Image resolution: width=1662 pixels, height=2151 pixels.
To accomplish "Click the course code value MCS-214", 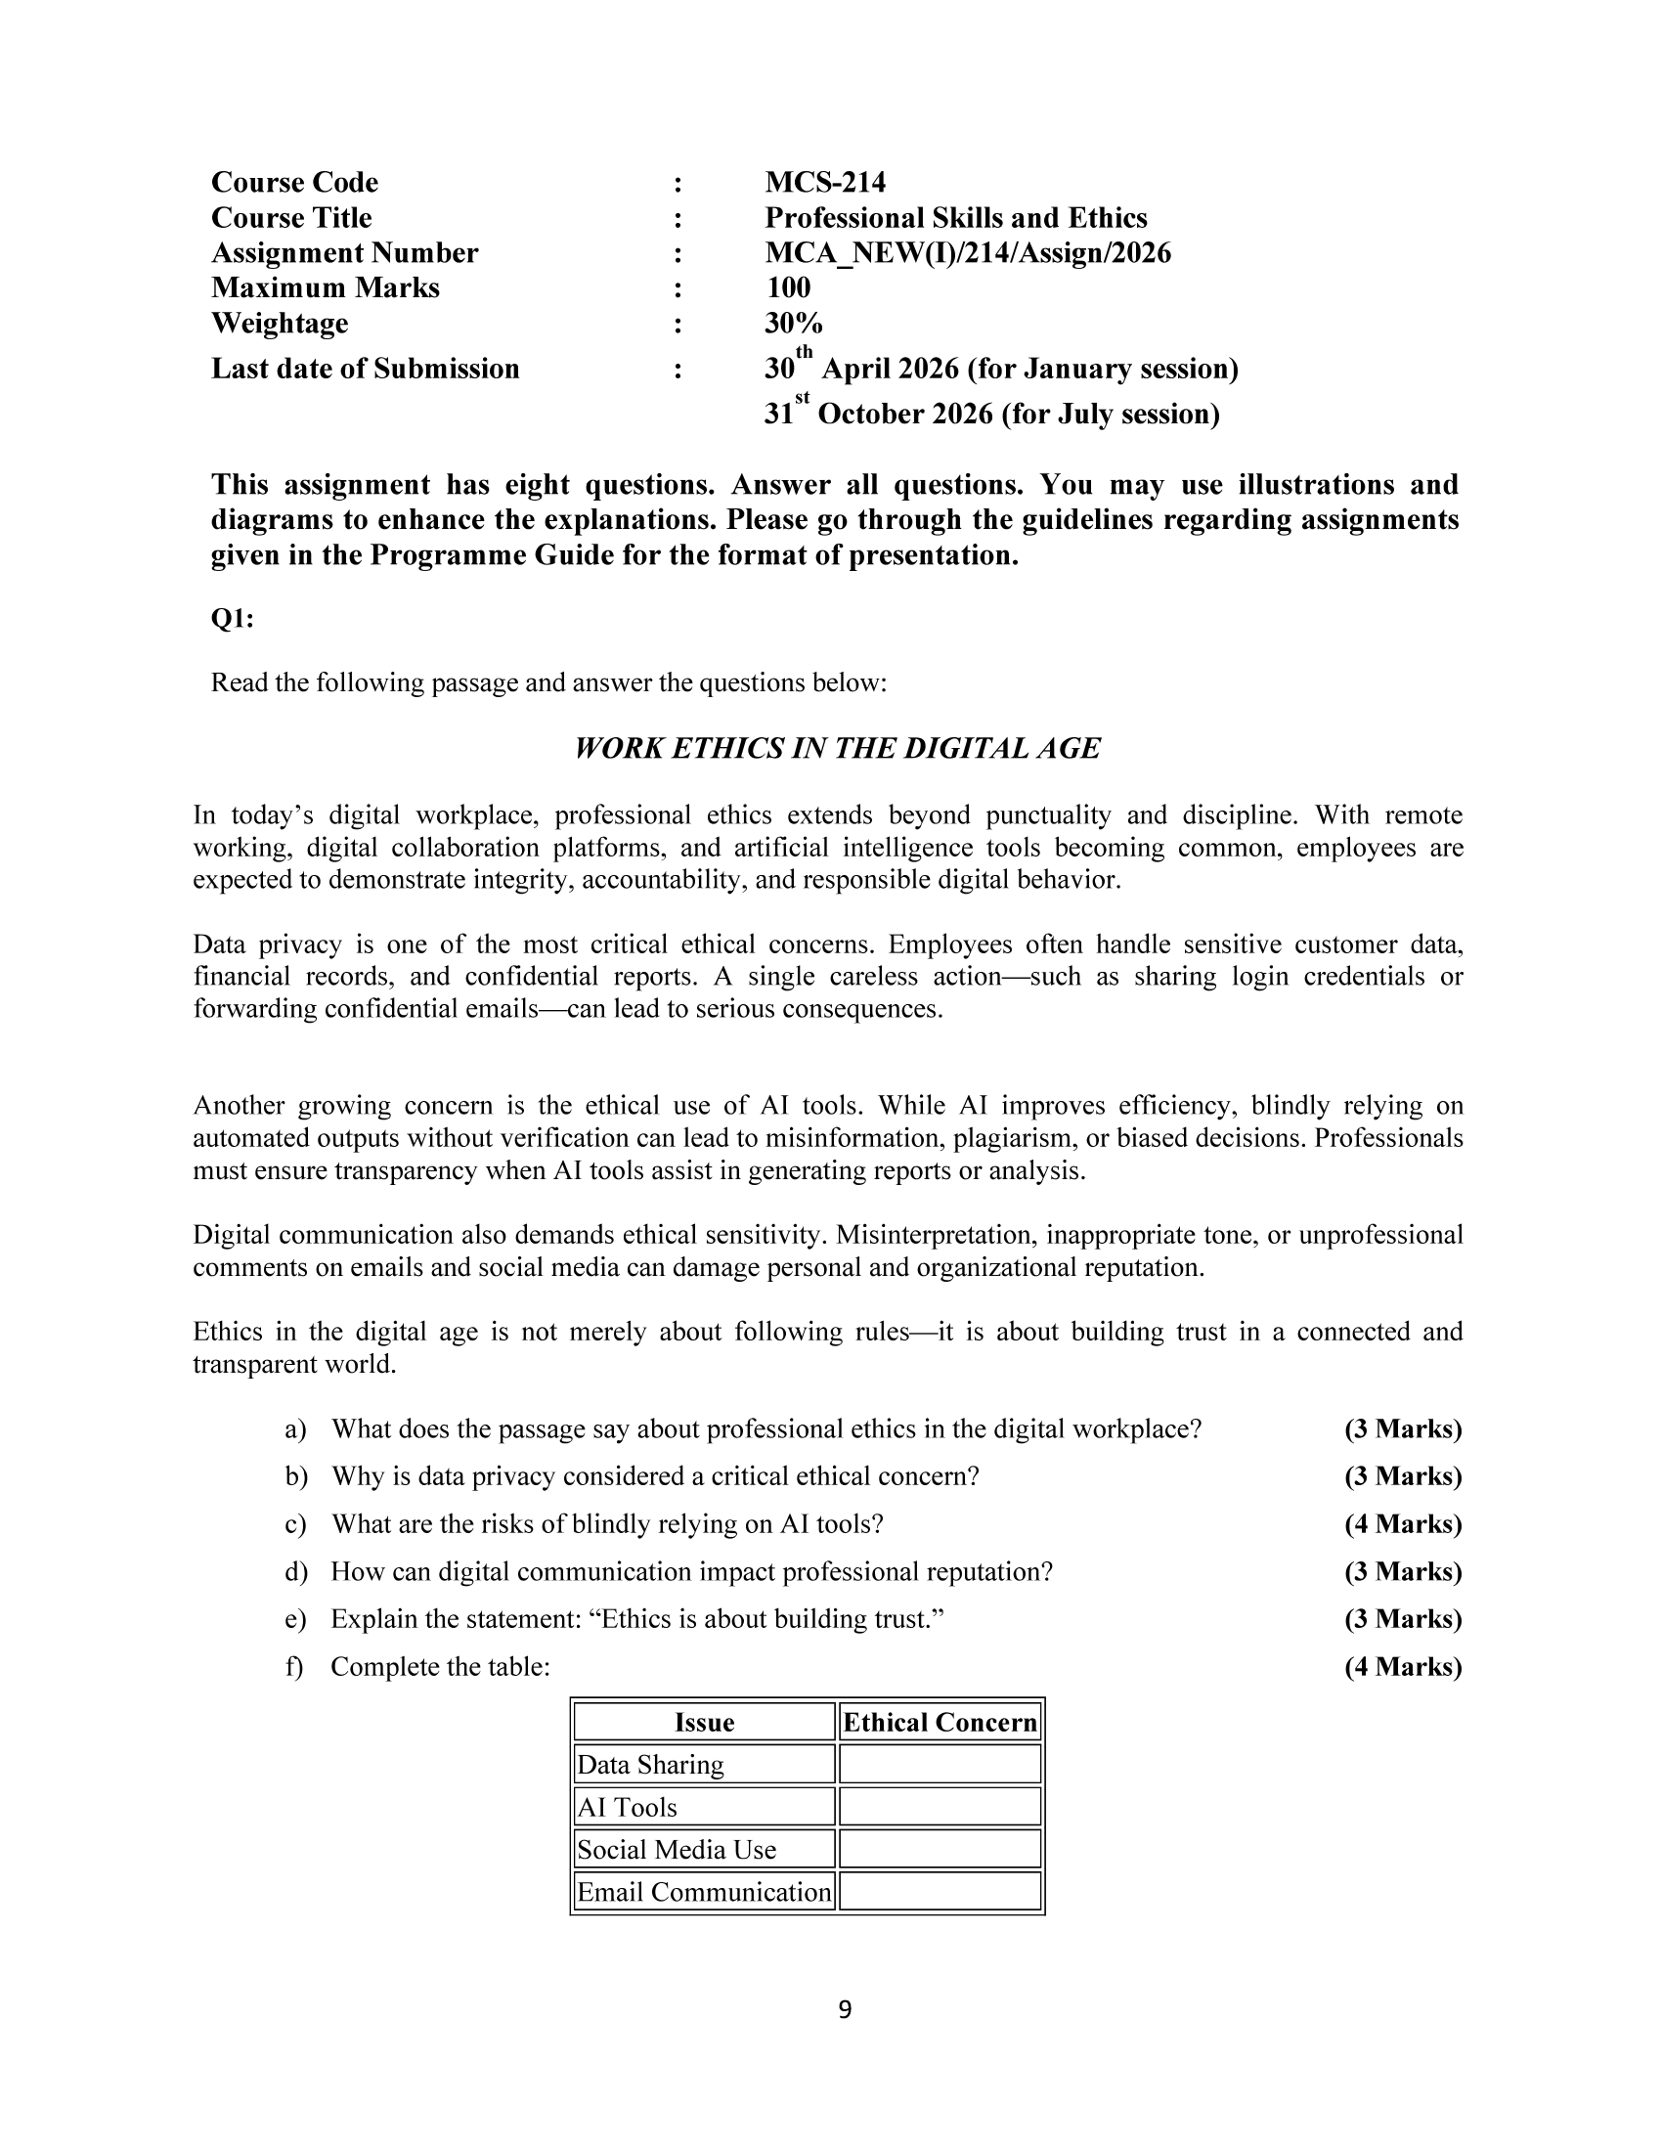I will pyautogui.click(x=825, y=182).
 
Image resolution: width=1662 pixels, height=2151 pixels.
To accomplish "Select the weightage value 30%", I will pyautogui.click(x=794, y=323).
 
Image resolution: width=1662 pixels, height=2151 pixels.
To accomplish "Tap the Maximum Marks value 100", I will pyautogui.click(x=788, y=287).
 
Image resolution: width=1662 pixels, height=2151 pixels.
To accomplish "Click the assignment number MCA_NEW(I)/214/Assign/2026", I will pyautogui.click(x=968, y=253).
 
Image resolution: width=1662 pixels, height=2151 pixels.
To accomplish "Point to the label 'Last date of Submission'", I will pyautogui.click(x=366, y=369).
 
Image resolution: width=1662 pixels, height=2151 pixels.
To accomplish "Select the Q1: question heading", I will pyautogui.click(x=233, y=619).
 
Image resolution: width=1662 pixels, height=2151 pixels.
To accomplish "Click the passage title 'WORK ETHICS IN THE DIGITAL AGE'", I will pyautogui.click(x=837, y=749).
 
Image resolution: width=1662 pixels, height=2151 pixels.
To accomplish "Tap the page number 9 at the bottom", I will pyautogui.click(x=845, y=2009).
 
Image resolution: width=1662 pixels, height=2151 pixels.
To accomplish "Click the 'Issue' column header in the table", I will pyautogui.click(x=704, y=1722).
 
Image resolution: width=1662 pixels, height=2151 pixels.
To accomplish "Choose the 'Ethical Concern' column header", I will pyautogui.click(x=940, y=1722).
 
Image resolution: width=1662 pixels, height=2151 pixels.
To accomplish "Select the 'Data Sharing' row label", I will pyautogui.click(x=651, y=1764).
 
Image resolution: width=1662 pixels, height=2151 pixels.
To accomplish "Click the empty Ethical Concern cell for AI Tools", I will pyautogui.click(x=940, y=1806).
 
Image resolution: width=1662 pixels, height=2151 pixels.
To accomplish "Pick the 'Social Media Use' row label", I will pyautogui.click(x=677, y=1849).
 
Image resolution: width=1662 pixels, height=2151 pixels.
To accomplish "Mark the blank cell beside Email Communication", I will pyautogui.click(x=940, y=1891).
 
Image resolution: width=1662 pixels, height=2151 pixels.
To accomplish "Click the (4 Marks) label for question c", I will pyautogui.click(x=1403, y=1523).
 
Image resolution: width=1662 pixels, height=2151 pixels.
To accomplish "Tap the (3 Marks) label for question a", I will pyautogui.click(x=1403, y=1429).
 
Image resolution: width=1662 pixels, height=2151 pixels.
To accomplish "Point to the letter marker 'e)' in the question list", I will pyautogui.click(x=295, y=1619).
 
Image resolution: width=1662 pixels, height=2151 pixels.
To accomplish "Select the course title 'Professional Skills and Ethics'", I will pyautogui.click(x=956, y=218).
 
